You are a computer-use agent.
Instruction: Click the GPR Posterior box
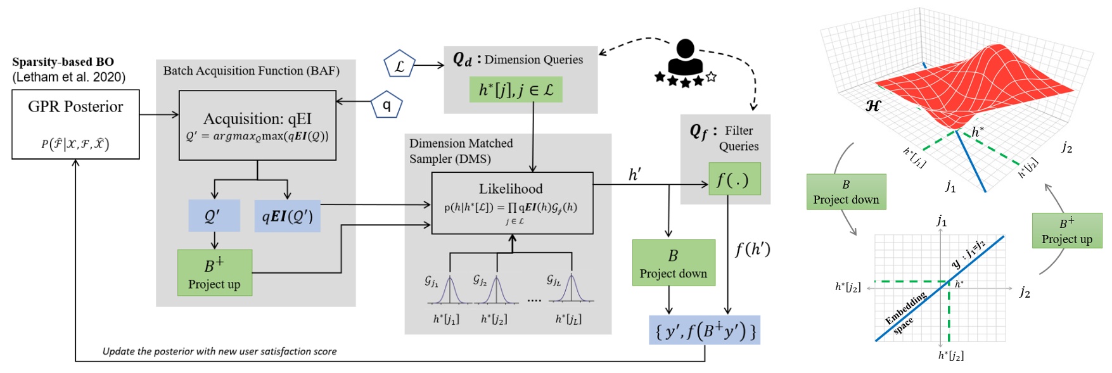click(75, 124)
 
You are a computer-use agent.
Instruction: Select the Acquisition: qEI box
click(257, 125)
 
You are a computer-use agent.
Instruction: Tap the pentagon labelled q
click(386, 105)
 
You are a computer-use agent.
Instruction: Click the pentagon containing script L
click(399, 65)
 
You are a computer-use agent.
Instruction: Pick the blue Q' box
click(214, 216)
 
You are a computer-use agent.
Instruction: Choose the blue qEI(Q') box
click(288, 217)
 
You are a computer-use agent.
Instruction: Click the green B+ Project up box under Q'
click(215, 272)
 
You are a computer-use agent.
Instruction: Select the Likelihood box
click(512, 203)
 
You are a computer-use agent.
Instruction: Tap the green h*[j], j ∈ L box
click(516, 90)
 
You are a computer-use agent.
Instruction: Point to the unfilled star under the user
click(711, 77)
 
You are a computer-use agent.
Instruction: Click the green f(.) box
click(734, 179)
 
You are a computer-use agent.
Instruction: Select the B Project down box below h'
click(673, 263)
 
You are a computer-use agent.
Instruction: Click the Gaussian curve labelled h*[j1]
click(449, 290)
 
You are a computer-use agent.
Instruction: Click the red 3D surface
click(976, 82)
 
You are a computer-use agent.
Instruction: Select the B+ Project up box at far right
click(1066, 231)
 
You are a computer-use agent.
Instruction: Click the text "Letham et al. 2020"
click(68, 77)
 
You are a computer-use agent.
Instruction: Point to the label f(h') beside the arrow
click(753, 250)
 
